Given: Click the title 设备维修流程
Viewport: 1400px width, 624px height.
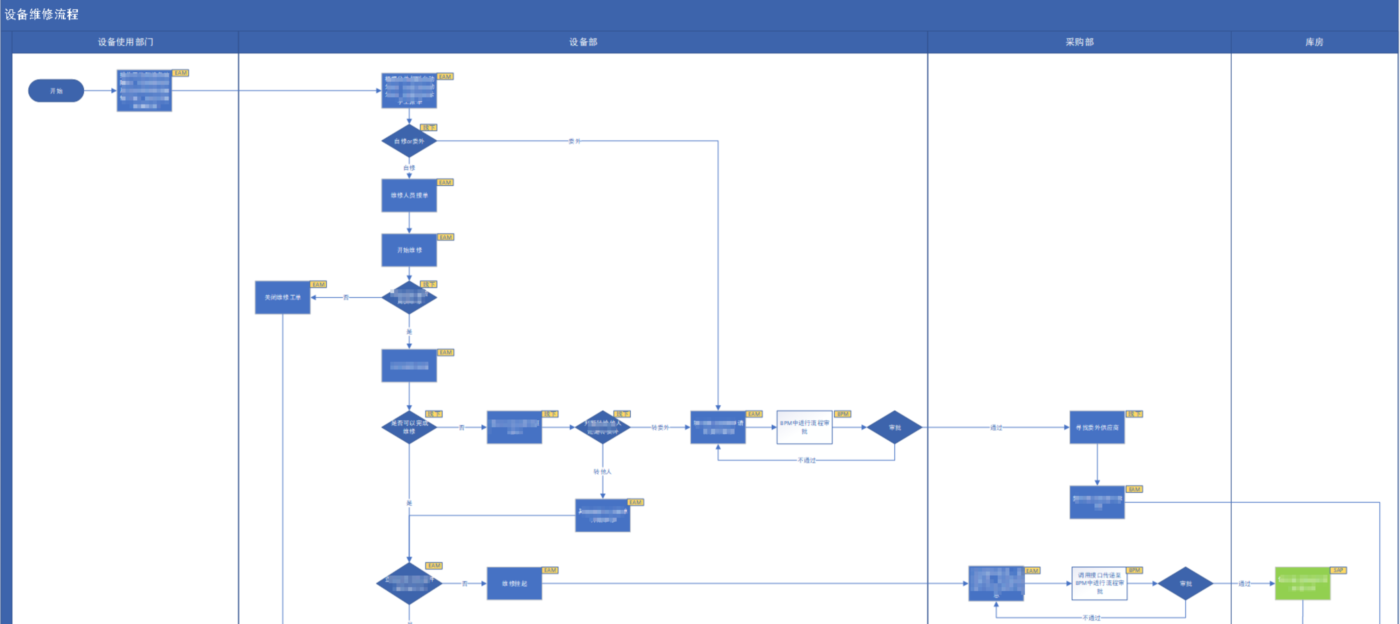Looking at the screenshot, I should pos(42,14).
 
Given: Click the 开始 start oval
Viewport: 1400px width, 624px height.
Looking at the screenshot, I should pos(56,91).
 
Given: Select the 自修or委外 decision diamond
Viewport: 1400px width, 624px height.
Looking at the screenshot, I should pos(409,141).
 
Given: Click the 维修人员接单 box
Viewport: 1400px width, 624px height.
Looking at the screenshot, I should pos(409,195).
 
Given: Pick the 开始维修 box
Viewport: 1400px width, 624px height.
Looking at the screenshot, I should pos(409,250).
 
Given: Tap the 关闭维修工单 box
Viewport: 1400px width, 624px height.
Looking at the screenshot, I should pos(283,298).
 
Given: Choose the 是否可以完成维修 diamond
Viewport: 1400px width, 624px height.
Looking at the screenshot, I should pos(409,427).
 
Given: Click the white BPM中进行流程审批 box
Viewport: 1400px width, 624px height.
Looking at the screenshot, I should pos(804,427).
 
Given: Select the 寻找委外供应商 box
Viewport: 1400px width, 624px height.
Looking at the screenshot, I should pos(1097,427).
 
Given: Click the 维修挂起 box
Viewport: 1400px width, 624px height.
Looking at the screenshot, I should pos(514,584).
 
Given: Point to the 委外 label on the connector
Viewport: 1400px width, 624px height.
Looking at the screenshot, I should pos(574,141).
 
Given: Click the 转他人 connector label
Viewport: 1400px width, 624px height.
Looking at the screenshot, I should pos(602,472).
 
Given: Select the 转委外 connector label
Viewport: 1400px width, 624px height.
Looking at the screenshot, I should pos(660,427).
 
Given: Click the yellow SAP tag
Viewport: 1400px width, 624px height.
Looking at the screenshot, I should pos(1338,570).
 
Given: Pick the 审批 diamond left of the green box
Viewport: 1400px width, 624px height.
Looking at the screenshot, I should pos(1185,584).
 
